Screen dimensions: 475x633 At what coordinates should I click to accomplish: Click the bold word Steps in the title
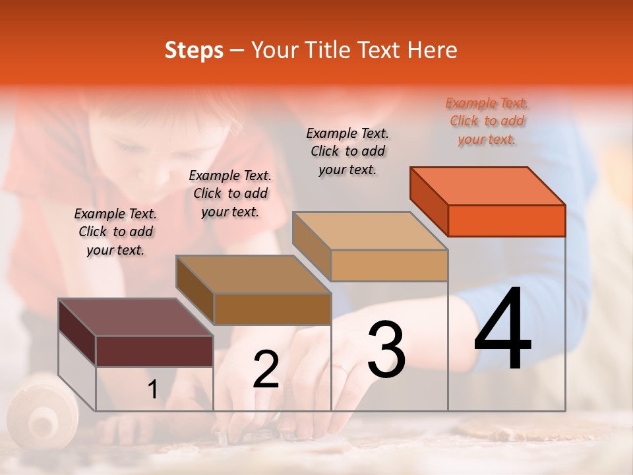coord(194,50)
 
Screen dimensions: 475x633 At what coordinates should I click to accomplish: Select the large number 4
coord(502,329)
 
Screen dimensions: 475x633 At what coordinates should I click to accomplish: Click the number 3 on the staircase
coord(386,350)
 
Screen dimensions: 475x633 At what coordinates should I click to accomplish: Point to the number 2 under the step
coord(266,369)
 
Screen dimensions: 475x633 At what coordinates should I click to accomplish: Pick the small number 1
coord(153,390)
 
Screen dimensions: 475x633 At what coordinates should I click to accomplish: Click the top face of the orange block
coord(488,185)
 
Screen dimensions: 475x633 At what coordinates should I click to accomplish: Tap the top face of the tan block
coord(371,231)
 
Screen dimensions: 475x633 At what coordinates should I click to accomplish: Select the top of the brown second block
coord(253,274)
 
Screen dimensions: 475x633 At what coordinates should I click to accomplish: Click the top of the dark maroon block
coord(135,317)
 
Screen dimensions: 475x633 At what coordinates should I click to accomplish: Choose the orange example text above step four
coord(487,121)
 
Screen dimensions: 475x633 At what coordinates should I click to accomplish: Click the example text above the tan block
coord(347,151)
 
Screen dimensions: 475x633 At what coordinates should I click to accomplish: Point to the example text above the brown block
coord(230,193)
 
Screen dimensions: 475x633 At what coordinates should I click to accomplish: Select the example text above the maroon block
coord(115,232)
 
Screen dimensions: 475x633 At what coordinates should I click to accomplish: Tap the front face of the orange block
coord(506,220)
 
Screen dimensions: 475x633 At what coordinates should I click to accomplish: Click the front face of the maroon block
coord(154,351)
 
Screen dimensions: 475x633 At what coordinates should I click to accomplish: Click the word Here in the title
coord(433,50)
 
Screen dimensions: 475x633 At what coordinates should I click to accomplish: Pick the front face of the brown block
coord(272,309)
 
